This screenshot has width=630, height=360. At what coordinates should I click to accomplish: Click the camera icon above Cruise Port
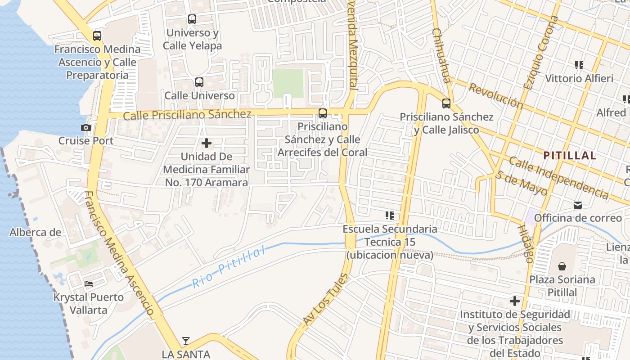coord(86,128)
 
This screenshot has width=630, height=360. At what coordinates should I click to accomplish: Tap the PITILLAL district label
coord(569,156)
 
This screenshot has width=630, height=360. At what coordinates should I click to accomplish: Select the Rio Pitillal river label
coord(229,267)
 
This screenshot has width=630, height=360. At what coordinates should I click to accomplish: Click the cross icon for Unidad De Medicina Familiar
coord(207,144)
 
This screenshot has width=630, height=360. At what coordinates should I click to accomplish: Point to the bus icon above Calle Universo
coord(199,82)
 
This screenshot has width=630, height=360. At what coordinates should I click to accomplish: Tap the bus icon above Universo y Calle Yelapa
coord(192,19)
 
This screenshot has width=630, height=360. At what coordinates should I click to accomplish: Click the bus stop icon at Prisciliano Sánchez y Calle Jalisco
coord(446,103)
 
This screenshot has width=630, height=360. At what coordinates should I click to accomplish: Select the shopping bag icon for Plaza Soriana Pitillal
coord(562,266)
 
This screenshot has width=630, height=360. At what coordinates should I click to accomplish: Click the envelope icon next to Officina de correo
coord(578,205)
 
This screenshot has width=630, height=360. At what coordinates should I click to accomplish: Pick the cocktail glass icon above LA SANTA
coord(186,341)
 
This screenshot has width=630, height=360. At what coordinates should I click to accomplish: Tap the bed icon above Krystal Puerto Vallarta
coord(89,284)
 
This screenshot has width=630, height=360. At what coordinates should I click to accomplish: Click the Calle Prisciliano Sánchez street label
coord(187,115)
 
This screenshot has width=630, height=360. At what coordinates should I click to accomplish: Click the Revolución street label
coord(495,95)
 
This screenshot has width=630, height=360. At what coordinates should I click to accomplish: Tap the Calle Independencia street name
coord(558,178)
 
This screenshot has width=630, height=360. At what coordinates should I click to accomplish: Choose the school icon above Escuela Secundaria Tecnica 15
coord(390,216)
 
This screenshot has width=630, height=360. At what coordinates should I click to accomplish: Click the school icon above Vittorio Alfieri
coord(579,65)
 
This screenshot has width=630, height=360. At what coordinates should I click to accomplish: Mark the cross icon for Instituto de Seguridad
coord(515,301)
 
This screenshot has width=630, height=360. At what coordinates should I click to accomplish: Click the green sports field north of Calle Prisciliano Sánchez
coord(288,83)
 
